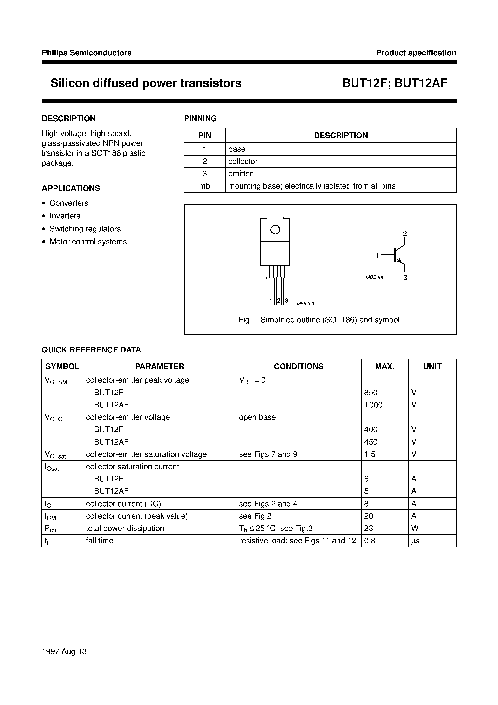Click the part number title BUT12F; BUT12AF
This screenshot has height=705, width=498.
coord(395,83)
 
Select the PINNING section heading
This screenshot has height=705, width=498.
coord(200,119)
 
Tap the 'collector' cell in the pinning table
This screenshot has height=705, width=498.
coord(243,161)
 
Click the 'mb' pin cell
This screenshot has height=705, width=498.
coord(204,186)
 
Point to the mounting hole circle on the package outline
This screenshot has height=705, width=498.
coord(275,230)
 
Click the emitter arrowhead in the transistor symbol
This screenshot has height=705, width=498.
coord(399,261)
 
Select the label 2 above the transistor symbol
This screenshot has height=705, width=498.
coord(405,233)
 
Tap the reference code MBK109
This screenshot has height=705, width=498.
coord(305,304)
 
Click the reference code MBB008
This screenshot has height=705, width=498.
coord(375,277)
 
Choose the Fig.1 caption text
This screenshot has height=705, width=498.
coord(320,320)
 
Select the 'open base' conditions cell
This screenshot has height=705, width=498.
coord(257,417)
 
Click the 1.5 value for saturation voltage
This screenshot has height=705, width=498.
coord(370,454)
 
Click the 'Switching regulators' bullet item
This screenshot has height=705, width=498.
coord(85,229)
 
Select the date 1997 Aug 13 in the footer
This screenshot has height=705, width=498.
coord(64,651)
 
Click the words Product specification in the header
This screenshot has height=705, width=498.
coord(416,53)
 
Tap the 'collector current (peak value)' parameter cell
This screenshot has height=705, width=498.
coord(137,516)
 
